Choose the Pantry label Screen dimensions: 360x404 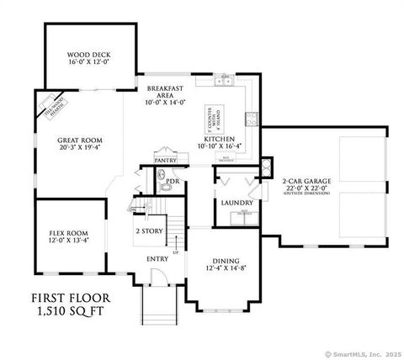(x=165, y=158)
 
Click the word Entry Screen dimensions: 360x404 (x=157, y=258)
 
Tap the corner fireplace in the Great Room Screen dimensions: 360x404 (x=48, y=106)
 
